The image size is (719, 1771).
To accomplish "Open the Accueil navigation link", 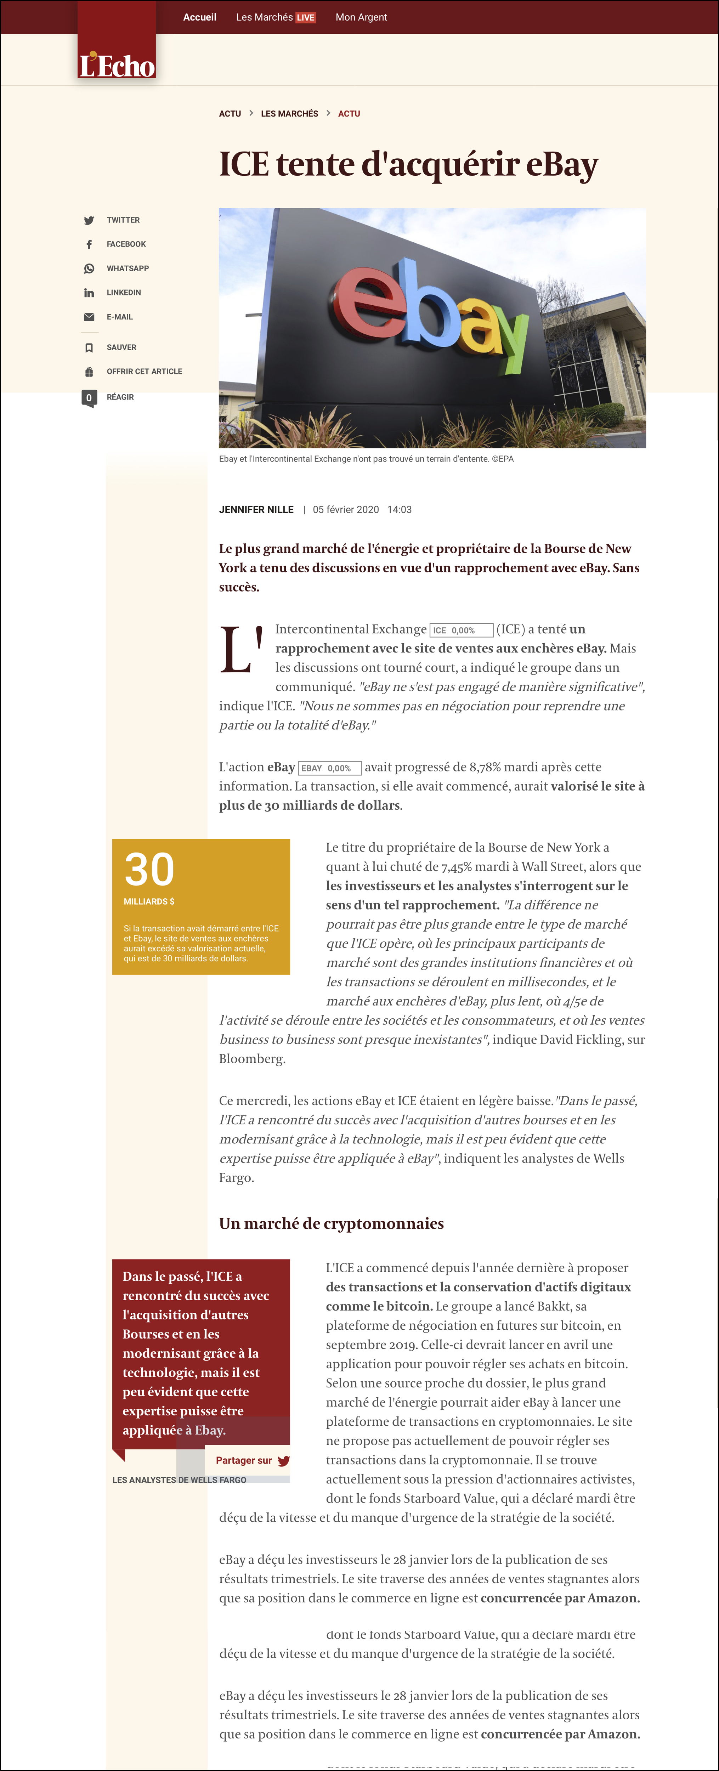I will (199, 17).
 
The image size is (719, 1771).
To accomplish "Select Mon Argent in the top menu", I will (361, 17).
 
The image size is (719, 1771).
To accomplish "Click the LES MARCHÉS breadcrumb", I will (289, 113).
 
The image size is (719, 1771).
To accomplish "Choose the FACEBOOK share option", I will (126, 244).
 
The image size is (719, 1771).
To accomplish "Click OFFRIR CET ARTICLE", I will (145, 371).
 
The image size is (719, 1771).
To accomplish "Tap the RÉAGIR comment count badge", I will (89, 397).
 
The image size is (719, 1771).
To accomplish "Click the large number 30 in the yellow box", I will (149, 870).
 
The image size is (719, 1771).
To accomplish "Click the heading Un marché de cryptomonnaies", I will (331, 1223).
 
